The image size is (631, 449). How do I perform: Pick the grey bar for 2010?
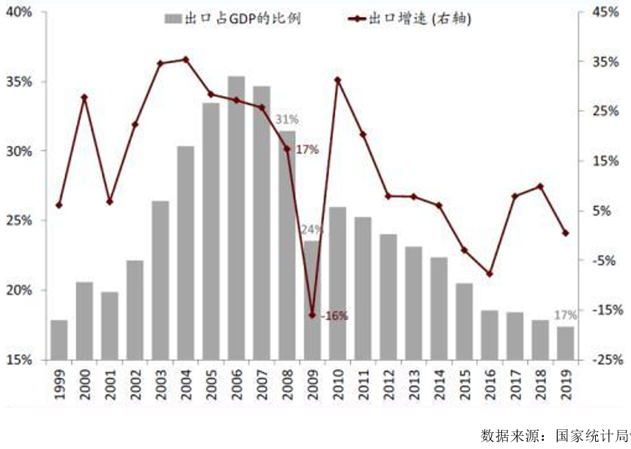pyautogui.click(x=337, y=283)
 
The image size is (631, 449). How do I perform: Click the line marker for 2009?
pyautogui.click(x=312, y=315)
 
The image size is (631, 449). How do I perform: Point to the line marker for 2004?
pyautogui.click(x=185, y=59)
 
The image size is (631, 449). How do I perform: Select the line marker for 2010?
pyautogui.click(x=337, y=79)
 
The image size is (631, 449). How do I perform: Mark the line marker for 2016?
pyautogui.click(x=490, y=274)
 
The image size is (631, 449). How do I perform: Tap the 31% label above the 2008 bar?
pyautogui.click(x=287, y=120)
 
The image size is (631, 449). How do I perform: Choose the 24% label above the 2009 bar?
pyautogui.click(x=311, y=229)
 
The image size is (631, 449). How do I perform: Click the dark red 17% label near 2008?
pyautogui.click(x=307, y=150)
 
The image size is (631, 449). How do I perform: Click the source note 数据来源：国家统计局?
pyautogui.click(x=553, y=434)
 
